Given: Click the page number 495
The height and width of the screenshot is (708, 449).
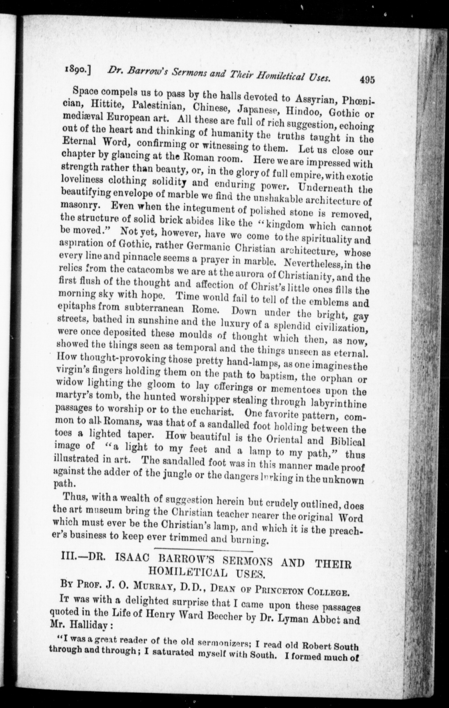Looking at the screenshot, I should [x=366, y=80].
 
